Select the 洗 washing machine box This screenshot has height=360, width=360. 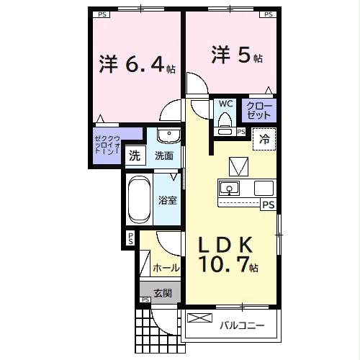pyautogui.click(x=135, y=155)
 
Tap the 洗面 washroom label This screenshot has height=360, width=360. pyautogui.click(x=164, y=155)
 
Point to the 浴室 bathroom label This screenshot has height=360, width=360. pyautogui.click(x=168, y=199)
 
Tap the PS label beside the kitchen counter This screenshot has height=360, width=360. pyautogui.click(x=268, y=205)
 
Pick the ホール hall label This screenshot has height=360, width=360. pyautogui.click(x=166, y=267)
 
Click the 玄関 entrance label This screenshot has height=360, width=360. pyautogui.click(x=162, y=293)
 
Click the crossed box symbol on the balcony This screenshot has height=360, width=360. pyautogui.click(x=196, y=318)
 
